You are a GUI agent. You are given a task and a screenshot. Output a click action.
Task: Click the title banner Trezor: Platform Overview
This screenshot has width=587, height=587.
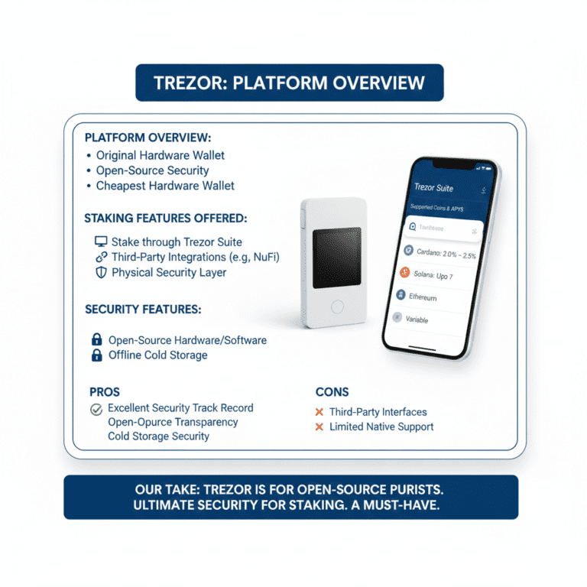click(289, 83)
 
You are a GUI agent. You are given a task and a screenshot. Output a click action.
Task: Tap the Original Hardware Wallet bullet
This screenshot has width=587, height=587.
click(160, 155)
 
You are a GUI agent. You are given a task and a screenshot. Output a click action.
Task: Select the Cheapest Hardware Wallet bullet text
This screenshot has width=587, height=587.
click(165, 186)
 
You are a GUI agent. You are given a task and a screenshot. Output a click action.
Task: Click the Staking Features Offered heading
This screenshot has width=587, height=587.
click(165, 218)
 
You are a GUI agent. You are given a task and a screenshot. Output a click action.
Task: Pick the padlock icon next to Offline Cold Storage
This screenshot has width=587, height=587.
click(97, 355)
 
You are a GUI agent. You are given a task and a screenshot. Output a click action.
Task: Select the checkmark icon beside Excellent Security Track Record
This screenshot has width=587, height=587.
click(96, 409)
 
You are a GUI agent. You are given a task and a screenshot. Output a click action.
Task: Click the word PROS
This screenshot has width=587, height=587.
click(105, 391)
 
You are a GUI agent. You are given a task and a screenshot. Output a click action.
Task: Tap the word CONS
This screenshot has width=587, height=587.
click(332, 391)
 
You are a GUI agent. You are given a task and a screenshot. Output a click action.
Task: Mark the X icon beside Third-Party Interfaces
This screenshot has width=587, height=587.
click(319, 412)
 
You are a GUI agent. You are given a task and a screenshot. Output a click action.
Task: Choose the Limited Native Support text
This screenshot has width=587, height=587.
click(381, 426)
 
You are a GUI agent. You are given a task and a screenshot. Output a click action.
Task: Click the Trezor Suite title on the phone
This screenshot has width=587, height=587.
click(433, 186)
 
